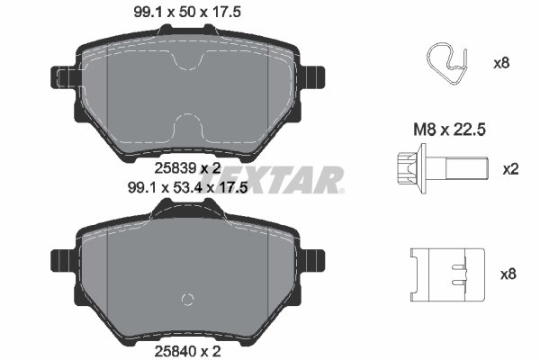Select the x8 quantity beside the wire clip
500,64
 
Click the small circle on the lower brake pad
187,300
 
